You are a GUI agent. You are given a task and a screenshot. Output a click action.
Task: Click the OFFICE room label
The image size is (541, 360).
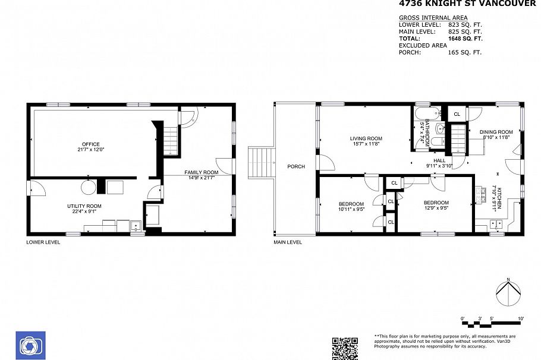91,144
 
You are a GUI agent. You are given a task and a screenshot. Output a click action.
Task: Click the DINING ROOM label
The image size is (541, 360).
496,132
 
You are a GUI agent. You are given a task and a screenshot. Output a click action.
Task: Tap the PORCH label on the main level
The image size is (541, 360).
295,166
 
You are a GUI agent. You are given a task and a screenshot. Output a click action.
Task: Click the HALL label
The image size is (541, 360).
439,160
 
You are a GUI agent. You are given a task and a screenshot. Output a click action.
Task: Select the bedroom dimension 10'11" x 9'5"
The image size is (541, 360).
351,209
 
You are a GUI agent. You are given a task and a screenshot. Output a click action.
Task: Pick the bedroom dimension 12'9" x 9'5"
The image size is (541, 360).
436,209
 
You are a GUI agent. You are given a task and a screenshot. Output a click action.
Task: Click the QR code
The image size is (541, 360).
344,348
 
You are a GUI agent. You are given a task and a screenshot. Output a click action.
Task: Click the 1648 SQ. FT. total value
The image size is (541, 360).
465,38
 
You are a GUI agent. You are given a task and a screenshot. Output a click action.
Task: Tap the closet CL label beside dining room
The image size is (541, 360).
457,114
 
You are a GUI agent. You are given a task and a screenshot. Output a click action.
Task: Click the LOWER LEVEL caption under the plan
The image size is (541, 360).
43,242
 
